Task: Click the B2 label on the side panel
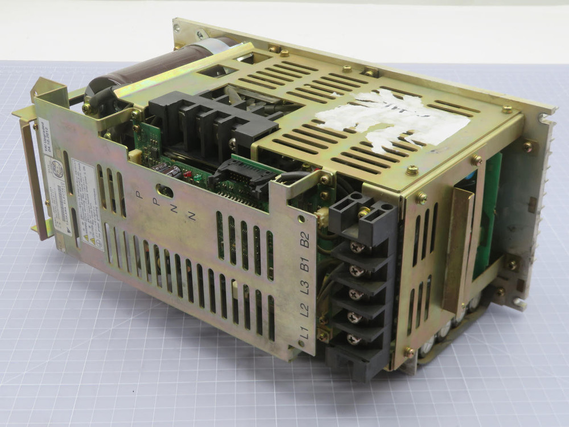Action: pyautogui.click(x=305, y=239)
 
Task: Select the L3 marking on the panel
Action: pyautogui.click(x=304, y=288)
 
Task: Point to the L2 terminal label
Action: pyautogui.click(x=304, y=310)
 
